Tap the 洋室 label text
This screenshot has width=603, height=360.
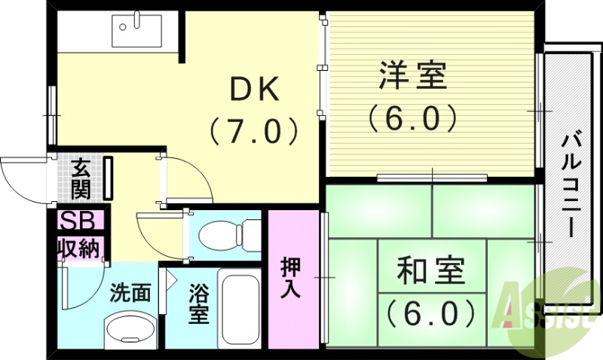click(412, 75)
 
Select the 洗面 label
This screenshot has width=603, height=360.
click(130, 292)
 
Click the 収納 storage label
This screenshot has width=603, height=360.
click(78, 248)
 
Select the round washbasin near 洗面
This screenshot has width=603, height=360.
click(128, 329)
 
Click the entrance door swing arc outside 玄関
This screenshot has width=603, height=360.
click(23, 177)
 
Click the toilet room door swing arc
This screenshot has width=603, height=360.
click(160, 230)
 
